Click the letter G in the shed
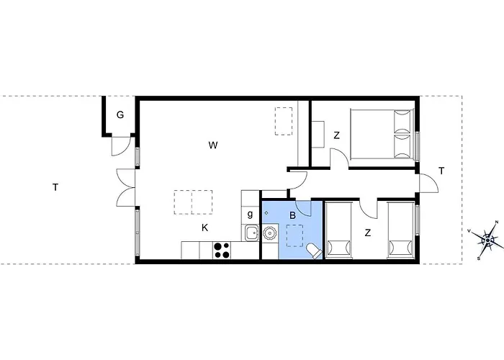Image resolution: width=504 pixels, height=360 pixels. coord(120,114)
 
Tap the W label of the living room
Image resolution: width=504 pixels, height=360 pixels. coord(213,145)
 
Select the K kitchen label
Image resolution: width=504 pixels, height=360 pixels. coord(204,228)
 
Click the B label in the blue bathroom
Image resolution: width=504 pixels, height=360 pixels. coord(292,215)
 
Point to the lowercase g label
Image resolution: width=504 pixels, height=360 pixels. coord(250,214)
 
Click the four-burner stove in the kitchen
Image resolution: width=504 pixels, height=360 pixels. coord(222,250)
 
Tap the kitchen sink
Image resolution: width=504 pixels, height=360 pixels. coord(252,233)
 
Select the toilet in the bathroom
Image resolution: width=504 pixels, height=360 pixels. coord(313,251)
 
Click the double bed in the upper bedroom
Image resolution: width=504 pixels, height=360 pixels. coord(381,134)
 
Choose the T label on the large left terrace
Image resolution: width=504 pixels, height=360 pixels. coord(55,186)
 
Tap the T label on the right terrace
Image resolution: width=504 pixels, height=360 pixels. coord(441,171)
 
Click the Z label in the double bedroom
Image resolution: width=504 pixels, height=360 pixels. coord(336,135)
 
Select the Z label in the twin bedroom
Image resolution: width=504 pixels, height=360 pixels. coord(368,233)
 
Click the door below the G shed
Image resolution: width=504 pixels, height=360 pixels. coord(121,146)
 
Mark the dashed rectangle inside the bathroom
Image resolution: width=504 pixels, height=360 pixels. coord(294,235)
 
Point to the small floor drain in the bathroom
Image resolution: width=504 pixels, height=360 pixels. coord(266,212)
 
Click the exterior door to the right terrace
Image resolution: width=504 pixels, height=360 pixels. coord(429,183)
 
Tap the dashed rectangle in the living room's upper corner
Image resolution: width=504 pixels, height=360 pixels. coord(284,121)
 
